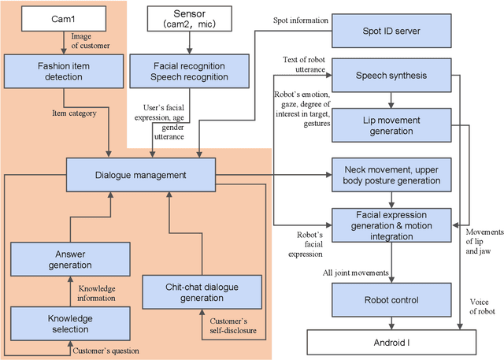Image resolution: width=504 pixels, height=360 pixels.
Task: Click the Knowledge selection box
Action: [x=61, y=324]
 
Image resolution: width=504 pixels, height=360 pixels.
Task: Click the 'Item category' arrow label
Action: [x=81, y=113]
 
